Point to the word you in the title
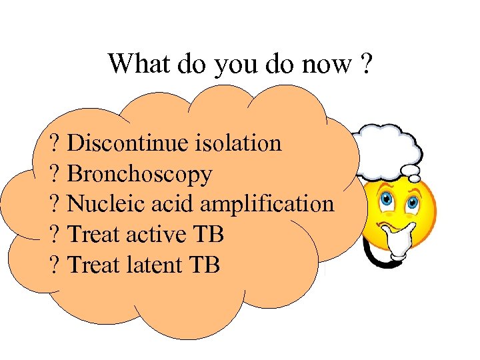click(230, 65)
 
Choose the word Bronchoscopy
click(140, 175)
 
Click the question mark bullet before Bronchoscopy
click(55, 175)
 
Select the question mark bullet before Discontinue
click(55, 143)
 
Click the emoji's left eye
click(386, 199)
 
